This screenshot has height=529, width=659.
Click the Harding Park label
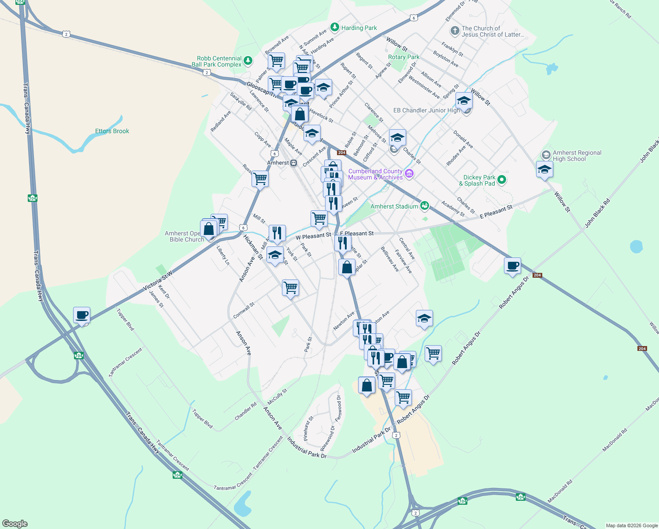coord(359,28)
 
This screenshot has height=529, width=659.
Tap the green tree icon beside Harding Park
coord(335,28)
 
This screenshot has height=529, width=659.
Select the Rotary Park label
coord(404,57)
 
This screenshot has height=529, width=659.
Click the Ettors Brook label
coord(112,131)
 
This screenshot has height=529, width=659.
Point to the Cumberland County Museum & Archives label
coord(375,174)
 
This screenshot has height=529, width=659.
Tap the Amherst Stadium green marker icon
coord(424,205)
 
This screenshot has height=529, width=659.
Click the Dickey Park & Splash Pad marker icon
coord(501,179)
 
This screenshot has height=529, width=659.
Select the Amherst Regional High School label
coord(577,156)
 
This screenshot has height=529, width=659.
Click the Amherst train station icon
coord(294,163)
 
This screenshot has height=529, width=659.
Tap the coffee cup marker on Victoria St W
coord(82,315)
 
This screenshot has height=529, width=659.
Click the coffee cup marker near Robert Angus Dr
coord(512,266)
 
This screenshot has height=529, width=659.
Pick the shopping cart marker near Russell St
coord(260,179)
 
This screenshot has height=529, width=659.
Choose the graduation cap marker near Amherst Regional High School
coord(544,169)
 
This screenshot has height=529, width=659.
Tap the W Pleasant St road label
coord(313,236)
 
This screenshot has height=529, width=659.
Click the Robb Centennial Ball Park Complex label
coord(219,61)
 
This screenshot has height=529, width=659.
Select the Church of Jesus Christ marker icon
coord(455,31)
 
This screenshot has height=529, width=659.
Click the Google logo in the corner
coord(15,524)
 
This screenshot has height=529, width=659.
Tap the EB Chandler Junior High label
coord(426,110)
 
